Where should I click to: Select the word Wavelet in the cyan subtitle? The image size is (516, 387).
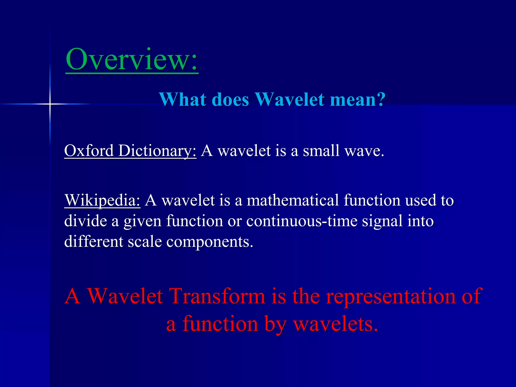pyautogui.click(x=290, y=99)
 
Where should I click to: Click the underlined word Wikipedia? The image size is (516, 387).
pyautogui.click(x=102, y=201)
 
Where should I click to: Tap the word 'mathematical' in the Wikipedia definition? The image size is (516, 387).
pyautogui.click(x=293, y=200)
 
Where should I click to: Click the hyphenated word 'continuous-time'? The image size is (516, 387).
pyautogui.click(x=302, y=221)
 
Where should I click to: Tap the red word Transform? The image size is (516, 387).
pyautogui.click(x=217, y=296)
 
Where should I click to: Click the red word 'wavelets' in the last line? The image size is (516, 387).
pyautogui.click(x=335, y=324)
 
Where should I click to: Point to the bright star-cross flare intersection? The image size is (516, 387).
pyautogui.click(x=50, y=104)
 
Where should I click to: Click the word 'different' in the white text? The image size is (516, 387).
pyautogui.click(x=93, y=241)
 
